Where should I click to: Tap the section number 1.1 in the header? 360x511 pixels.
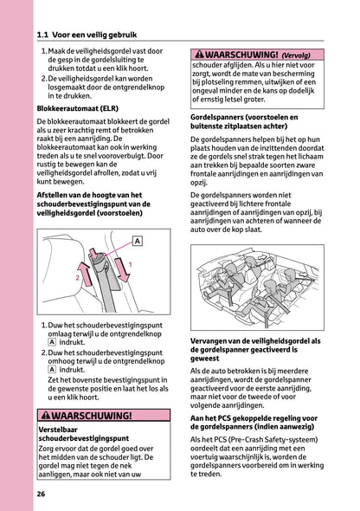coord(46,35)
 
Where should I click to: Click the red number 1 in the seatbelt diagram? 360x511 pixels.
coord(130,264)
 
